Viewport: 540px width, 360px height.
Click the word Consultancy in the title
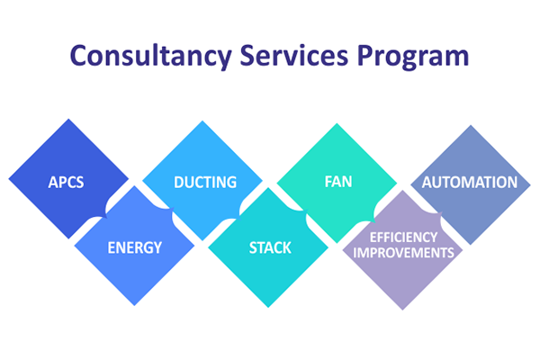click(x=151, y=57)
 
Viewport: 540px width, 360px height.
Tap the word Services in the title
click(x=294, y=55)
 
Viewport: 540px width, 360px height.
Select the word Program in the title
click(x=413, y=58)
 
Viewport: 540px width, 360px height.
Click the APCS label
click(x=66, y=182)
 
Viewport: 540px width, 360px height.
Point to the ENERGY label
click(x=135, y=247)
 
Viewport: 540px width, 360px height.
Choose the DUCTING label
click(x=205, y=182)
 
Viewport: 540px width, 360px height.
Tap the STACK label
click(x=270, y=247)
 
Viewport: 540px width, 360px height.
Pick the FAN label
click(x=338, y=182)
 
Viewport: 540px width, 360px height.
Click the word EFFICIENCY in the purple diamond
click(x=403, y=238)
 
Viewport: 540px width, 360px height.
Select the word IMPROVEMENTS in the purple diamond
click(x=403, y=253)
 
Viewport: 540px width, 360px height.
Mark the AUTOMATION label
click(x=470, y=182)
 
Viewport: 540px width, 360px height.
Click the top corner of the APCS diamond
click(x=68, y=119)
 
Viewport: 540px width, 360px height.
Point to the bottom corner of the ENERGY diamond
click(x=135, y=306)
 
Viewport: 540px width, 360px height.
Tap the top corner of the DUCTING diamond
click(x=202, y=121)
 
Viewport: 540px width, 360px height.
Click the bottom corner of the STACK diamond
click(x=268, y=308)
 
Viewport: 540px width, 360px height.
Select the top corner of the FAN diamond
click(x=337, y=123)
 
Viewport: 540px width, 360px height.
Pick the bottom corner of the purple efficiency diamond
click(x=402, y=310)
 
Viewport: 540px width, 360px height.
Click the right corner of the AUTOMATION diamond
click(x=531, y=185)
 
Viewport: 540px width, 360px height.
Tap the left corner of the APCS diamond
click(x=8, y=179)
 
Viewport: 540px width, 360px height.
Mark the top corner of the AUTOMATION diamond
click(x=471, y=125)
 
